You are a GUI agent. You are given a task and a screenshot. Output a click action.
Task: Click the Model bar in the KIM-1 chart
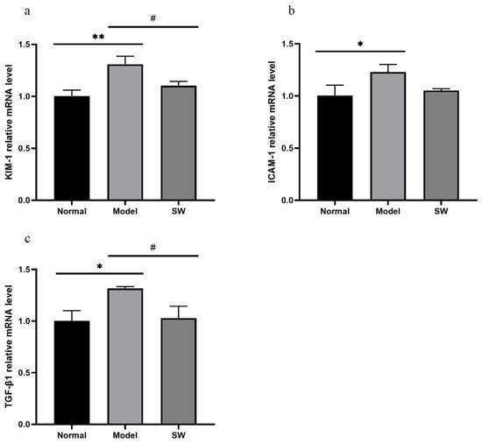(x=125, y=132)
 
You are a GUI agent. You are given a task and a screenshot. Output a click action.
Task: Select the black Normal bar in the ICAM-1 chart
(x=335, y=148)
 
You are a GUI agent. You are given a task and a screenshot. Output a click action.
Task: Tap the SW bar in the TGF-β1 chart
(x=179, y=371)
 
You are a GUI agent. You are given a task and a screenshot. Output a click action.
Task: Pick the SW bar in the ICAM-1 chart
(x=441, y=145)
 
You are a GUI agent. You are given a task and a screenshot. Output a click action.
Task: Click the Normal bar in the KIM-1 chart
(x=72, y=148)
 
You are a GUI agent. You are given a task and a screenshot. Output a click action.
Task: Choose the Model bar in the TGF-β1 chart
(x=125, y=356)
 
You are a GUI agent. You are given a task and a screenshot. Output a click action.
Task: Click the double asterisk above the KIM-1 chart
(x=98, y=37)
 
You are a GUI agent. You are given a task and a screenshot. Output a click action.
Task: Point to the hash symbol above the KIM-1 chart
(x=153, y=18)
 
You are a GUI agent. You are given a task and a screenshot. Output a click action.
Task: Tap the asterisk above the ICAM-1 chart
(x=360, y=44)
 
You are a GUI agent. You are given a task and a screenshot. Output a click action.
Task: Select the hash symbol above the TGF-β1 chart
(x=153, y=247)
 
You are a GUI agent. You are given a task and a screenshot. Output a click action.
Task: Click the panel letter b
(x=292, y=11)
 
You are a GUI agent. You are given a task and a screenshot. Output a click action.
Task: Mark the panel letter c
(x=28, y=239)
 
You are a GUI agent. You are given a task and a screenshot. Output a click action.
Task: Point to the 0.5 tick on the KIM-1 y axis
(x=25, y=149)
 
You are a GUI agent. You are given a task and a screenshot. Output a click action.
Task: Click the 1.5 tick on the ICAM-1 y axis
(x=287, y=44)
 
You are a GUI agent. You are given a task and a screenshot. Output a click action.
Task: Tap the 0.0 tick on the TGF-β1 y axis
(x=25, y=425)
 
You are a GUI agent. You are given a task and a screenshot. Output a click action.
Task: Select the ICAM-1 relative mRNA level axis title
(x=272, y=122)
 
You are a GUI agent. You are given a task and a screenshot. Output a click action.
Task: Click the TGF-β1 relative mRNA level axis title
(x=9, y=347)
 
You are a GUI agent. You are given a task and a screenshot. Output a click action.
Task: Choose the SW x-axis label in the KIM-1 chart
(x=179, y=212)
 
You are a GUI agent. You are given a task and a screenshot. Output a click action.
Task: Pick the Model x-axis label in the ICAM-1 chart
(x=388, y=212)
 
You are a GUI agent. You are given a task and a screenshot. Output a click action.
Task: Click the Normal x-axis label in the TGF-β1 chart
(x=72, y=436)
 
